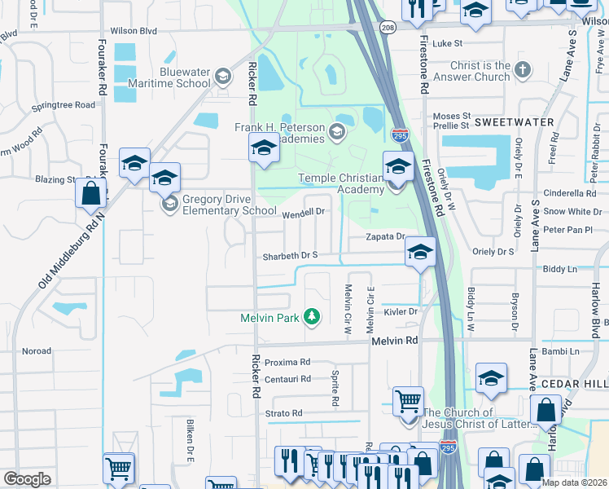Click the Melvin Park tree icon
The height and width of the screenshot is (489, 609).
310,316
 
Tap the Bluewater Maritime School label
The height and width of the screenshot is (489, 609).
185,77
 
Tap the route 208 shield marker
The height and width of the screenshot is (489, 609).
388,28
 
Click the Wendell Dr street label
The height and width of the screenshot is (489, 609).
304,212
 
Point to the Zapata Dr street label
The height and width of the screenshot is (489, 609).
383,236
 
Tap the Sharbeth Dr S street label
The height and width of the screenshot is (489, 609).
289,256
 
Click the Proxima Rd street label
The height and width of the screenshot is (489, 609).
287,362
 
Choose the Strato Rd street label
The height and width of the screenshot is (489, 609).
285,413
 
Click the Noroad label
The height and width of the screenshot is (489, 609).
36,351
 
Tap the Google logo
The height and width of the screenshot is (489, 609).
27,479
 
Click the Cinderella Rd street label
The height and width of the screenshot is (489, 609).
570,193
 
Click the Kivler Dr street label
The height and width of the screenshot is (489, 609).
401,311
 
